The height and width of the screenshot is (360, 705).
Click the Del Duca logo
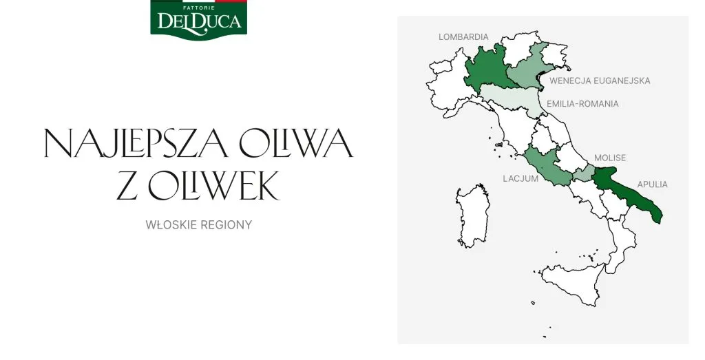point(198,19)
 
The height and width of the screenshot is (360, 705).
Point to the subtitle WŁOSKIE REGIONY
point(198,225)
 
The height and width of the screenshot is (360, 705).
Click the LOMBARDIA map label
point(463,37)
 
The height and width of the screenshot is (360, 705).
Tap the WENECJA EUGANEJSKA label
point(599,81)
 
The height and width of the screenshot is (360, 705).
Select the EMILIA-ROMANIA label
point(582,104)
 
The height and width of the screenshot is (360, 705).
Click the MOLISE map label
point(610,158)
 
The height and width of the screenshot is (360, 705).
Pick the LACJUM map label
point(520,178)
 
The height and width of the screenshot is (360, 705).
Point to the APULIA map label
point(653,184)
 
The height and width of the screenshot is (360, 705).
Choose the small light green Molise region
point(584,173)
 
